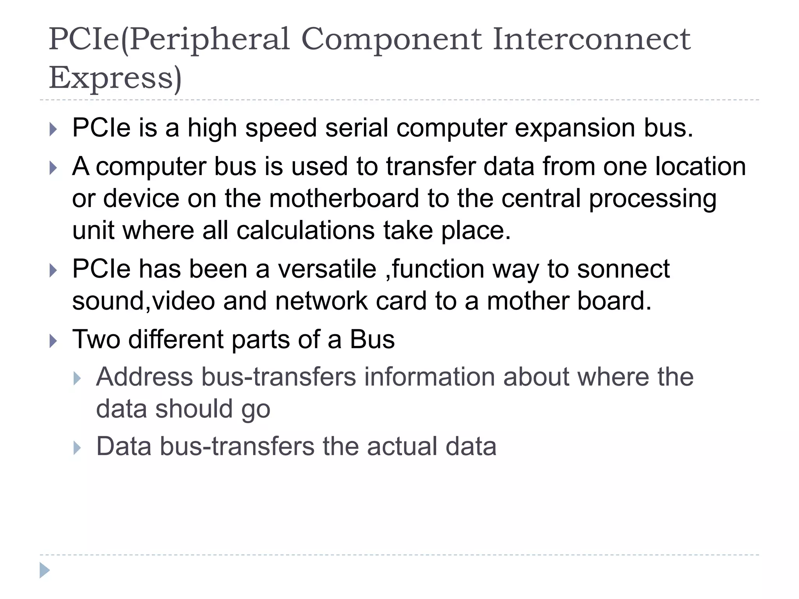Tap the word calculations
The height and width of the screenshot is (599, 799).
coord(305,230)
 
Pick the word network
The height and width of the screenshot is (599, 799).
coord(321,301)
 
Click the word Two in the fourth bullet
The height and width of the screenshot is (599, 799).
coord(96,339)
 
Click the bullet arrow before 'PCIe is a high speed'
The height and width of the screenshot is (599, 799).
coord(53,129)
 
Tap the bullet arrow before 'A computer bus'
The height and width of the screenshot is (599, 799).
coord(53,168)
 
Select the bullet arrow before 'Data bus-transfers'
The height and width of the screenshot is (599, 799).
coord(77,448)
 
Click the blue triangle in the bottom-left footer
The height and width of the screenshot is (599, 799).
coord(44,571)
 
